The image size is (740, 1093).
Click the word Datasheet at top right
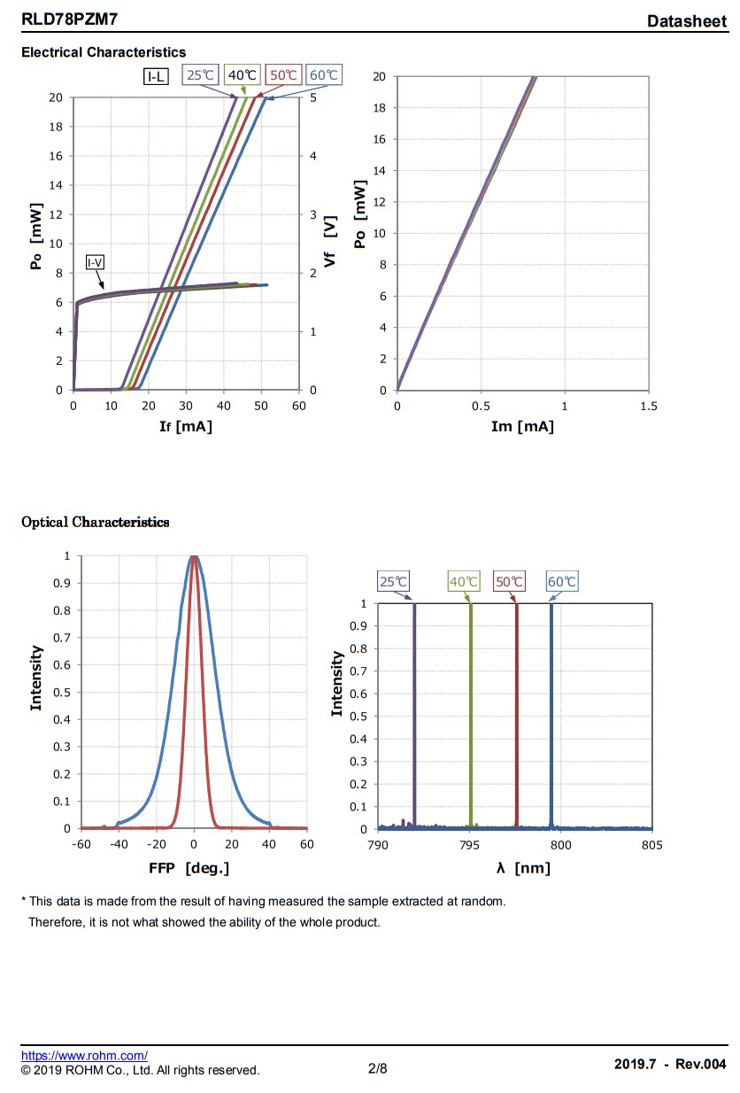(x=686, y=20)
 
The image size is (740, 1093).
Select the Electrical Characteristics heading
(x=104, y=53)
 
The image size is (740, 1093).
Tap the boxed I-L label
(x=156, y=76)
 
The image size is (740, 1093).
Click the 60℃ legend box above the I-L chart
(x=325, y=75)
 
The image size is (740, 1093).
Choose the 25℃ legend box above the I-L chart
(x=200, y=75)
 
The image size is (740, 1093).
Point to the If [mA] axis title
(x=186, y=427)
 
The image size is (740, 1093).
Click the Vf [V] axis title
(x=330, y=244)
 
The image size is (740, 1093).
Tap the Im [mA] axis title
(x=522, y=427)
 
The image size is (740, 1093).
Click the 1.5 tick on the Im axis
(x=648, y=407)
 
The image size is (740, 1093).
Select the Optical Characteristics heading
(x=95, y=522)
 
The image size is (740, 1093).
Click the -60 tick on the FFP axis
(x=81, y=845)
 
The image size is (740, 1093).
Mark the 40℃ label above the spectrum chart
(x=464, y=582)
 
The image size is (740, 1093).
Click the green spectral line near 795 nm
(x=470, y=717)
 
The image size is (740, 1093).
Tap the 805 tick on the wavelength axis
(x=651, y=845)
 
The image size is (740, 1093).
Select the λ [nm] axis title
(x=522, y=868)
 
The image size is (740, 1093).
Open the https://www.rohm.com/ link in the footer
(x=84, y=1055)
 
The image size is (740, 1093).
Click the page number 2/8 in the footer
(x=378, y=1069)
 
